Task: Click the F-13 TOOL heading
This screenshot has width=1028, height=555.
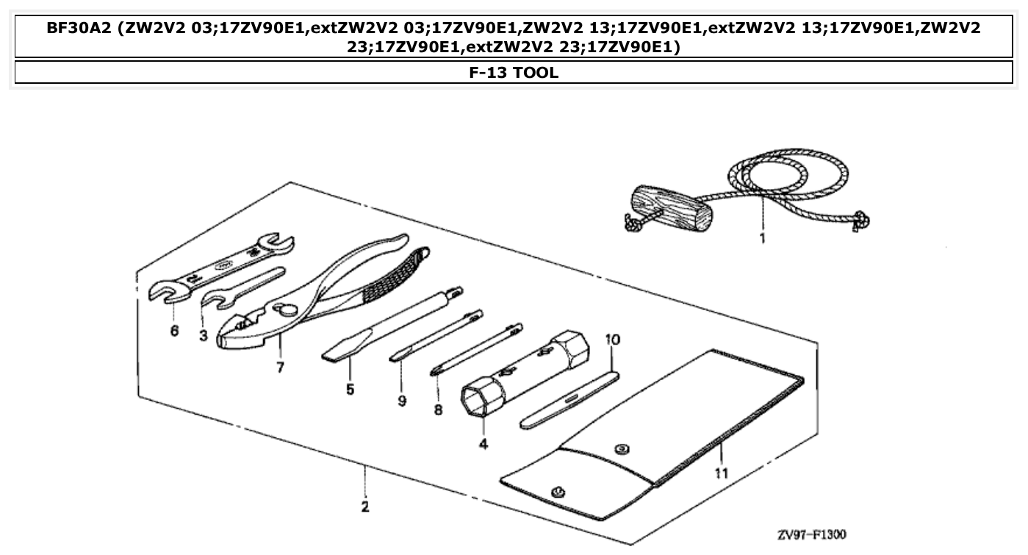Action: tap(514, 72)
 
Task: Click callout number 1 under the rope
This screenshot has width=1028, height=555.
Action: tap(762, 238)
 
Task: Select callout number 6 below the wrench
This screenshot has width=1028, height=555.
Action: tap(174, 331)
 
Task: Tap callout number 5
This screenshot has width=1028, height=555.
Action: tap(350, 389)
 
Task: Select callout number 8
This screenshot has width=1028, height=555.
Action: tap(438, 410)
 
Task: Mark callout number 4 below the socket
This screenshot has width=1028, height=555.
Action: tap(483, 444)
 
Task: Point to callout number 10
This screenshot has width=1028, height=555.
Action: tap(613, 340)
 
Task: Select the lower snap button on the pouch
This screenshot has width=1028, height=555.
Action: tap(556, 491)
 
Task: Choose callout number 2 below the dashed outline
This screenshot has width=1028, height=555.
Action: tap(365, 506)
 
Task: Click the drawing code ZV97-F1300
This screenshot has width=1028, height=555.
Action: tap(811, 534)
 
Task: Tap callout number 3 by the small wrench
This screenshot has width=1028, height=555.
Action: tap(204, 335)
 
